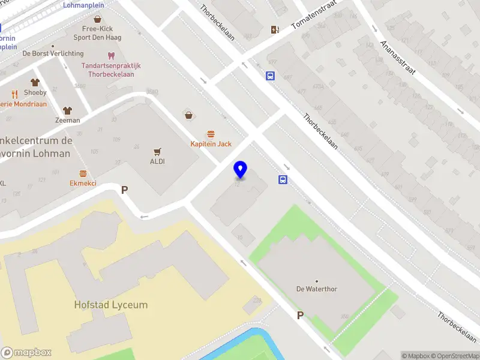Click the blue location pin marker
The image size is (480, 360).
click(x=241, y=170)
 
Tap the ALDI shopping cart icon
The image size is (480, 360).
click(x=157, y=152)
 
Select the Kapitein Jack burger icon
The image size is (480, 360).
click(x=211, y=134)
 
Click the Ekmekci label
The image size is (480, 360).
click(x=83, y=183)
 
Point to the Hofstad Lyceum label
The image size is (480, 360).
click(x=110, y=305)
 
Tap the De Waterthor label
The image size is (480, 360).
click(x=317, y=289)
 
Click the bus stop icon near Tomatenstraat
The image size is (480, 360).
click(x=271, y=76)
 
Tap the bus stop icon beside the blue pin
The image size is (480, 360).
click(x=283, y=179)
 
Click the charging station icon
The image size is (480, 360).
click(x=275, y=29)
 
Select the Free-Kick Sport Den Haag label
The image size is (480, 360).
click(x=97, y=32)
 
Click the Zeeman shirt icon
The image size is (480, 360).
click(x=67, y=110)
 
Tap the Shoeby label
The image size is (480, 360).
click(x=35, y=92)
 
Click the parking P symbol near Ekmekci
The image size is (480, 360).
click(x=125, y=190)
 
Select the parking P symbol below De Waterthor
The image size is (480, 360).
click(x=300, y=315)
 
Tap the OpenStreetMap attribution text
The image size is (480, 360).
click(x=457, y=356)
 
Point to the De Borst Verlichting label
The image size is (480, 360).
click(x=53, y=53)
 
